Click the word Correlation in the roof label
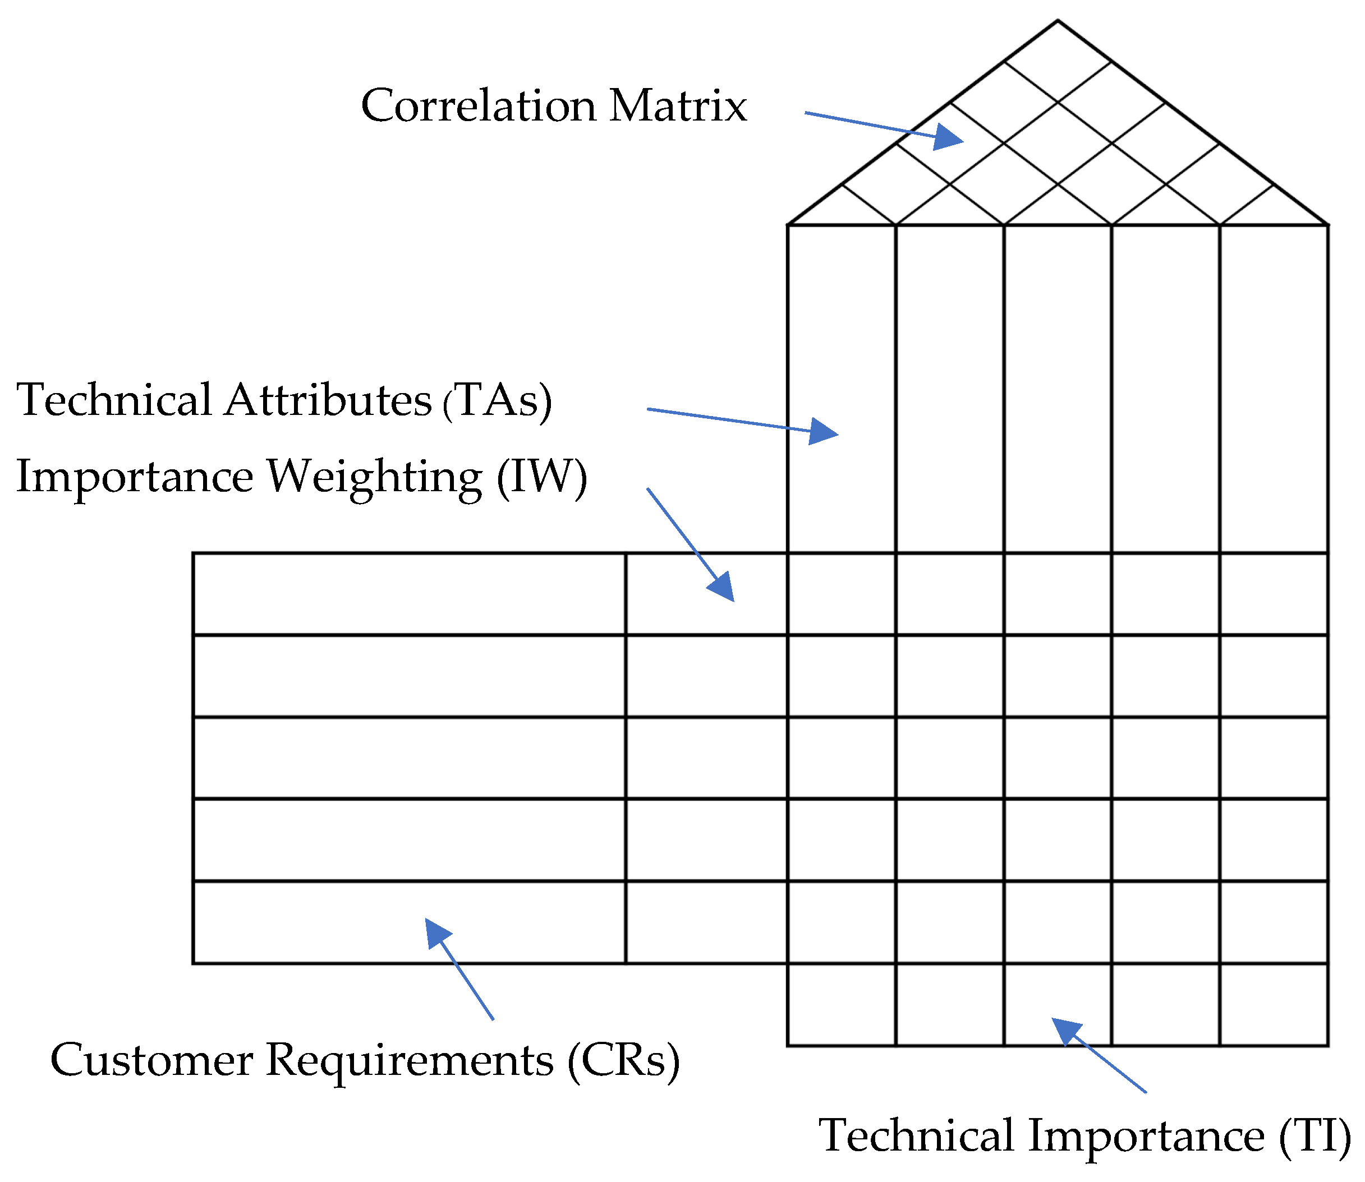point(478,105)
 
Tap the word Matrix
point(677,105)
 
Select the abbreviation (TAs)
point(497,400)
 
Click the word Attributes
point(328,400)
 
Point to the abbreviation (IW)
point(541,476)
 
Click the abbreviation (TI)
point(1313,1136)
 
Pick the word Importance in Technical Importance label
point(1145,1136)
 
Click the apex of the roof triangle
point(1058,21)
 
